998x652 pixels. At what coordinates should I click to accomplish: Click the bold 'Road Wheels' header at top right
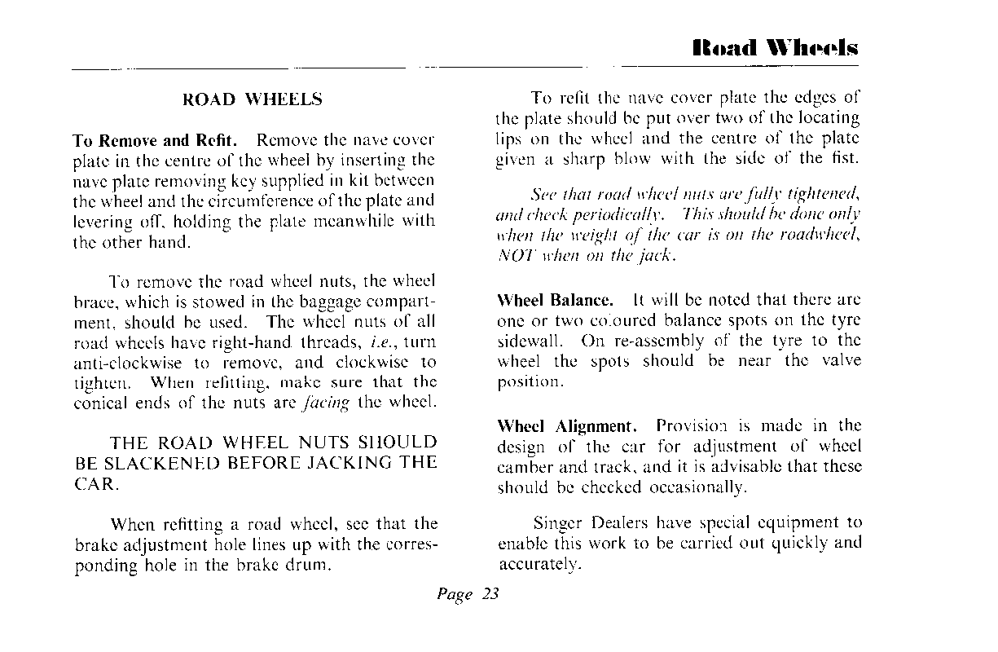coord(775,48)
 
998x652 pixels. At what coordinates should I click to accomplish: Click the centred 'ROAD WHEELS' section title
coord(253,100)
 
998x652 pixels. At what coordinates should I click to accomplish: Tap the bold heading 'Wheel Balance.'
coord(554,299)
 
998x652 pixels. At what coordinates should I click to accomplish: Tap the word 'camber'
coord(524,467)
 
